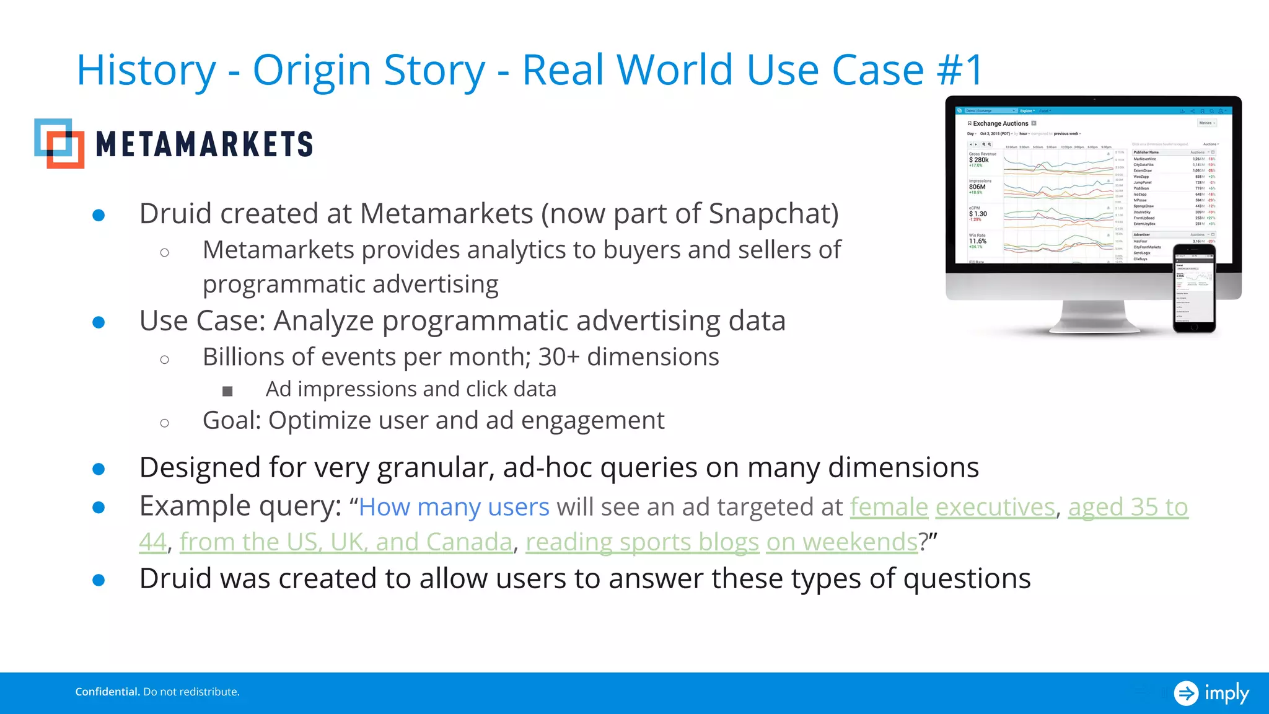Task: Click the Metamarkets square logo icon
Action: tap(59, 143)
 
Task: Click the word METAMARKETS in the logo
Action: tap(204, 145)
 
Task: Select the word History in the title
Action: tap(146, 70)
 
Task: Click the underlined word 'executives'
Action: tap(995, 507)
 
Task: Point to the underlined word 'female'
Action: tap(889, 507)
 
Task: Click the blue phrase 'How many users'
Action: tap(454, 507)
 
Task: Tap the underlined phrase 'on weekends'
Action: tap(841, 542)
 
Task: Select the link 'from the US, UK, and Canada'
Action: tap(346, 542)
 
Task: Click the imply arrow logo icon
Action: tap(1186, 693)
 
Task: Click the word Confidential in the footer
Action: tap(107, 692)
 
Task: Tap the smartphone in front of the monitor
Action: tap(1193, 288)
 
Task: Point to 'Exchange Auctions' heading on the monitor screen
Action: tap(1000, 123)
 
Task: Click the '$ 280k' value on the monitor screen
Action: tap(979, 160)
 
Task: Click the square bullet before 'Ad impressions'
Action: tap(227, 391)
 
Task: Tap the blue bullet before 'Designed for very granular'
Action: tap(99, 469)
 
